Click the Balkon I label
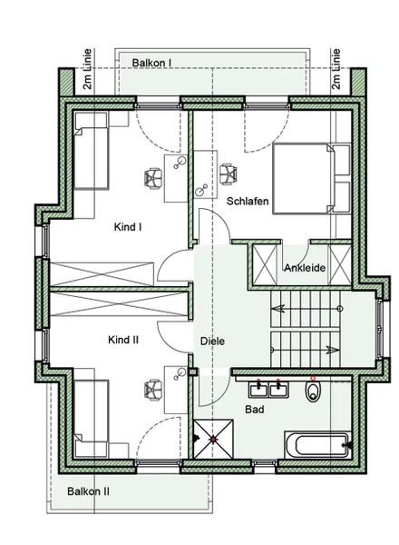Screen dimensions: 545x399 click(151, 63)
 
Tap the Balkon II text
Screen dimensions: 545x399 click(88, 491)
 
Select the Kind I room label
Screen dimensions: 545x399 click(127, 226)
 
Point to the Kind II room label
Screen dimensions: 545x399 click(122, 340)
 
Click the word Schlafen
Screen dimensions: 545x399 click(247, 201)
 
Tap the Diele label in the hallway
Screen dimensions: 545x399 click(212, 341)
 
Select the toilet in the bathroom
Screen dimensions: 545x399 click(313, 391)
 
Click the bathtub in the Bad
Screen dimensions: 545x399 click(315, 444)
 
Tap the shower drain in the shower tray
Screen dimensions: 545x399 click(214, 440)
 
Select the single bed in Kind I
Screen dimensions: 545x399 click(92, 150)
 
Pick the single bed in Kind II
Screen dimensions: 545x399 click(92, 417)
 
